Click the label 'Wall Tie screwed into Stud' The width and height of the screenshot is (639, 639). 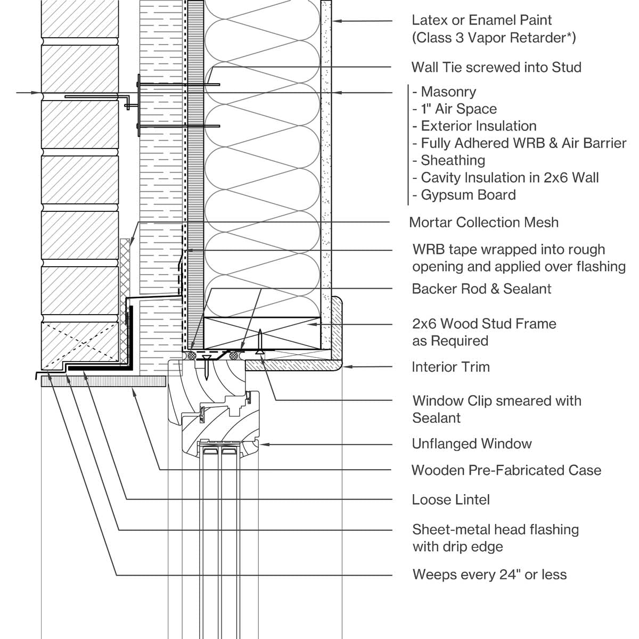coord(496,68)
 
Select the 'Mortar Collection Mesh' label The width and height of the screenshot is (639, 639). coord(484,223)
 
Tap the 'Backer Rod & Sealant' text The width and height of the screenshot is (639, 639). coord(481,289)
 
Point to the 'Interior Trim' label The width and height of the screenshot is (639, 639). coord(450,367)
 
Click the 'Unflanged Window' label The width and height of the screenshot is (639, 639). coord(472,444)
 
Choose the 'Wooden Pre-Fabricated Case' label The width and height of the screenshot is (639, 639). coord(506,471)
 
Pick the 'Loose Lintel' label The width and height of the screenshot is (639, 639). coord(450,500)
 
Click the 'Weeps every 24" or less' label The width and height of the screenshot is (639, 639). coord(489,575)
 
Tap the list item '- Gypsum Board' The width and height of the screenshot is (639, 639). coord(464,195)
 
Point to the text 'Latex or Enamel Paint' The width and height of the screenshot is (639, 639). coord(481,20)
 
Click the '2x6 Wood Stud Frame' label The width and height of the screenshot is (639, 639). coord(484,324)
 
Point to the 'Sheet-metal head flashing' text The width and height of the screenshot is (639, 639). coord(495,530)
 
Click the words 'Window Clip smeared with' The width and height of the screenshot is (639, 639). coord(496,401)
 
